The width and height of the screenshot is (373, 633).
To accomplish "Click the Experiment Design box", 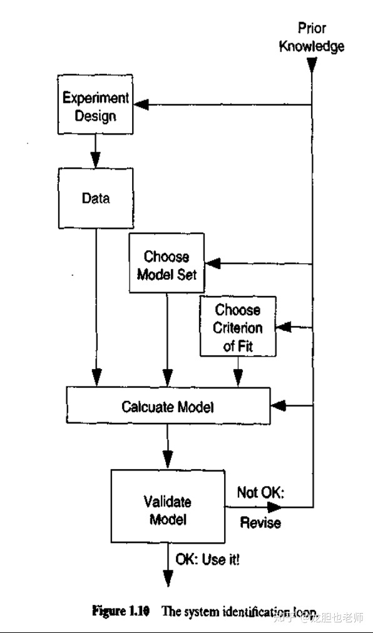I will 95,107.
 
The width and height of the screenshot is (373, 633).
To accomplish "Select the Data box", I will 95,198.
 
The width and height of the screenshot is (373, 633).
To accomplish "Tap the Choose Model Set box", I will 166,265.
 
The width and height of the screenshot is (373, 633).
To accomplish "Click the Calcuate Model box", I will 168,407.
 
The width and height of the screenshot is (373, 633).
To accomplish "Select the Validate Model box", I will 167,510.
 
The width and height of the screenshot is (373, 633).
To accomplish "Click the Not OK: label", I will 260,493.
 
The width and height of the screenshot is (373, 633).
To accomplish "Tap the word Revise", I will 260,523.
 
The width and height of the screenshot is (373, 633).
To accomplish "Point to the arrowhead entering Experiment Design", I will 143,104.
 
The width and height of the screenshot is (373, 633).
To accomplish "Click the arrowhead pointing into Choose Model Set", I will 215,263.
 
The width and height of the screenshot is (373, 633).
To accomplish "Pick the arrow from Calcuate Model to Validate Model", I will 166,445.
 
